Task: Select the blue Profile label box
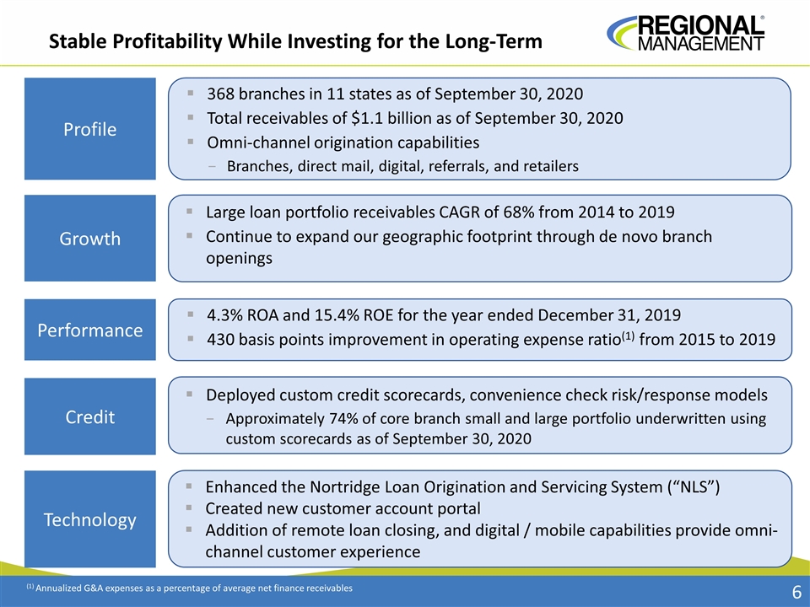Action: [90, 129]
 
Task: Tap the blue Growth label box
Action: [90, 239]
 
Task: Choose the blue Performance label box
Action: [90, 330]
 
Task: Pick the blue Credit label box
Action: [90, 416]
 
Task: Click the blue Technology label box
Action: [90, 519]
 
